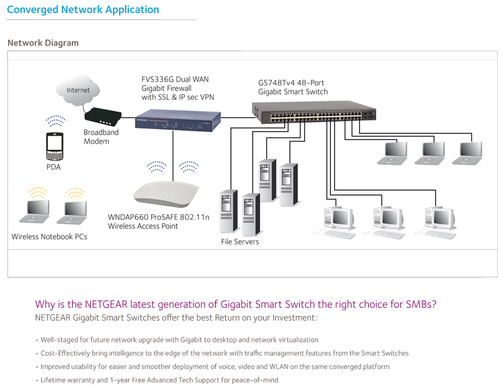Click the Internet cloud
[78, 90]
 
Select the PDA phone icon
[54, 146]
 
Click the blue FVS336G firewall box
[178, 120]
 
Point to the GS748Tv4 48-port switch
[314, 112]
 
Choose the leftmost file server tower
[228, 211]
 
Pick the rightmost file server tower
[288, 185]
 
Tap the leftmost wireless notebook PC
[35, 211]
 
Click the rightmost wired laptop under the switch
[468, 153]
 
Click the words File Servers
[240, 242]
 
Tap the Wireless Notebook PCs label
[49, 237]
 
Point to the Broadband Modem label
[101, 137]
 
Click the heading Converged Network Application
[83, 10]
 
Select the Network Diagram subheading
[43, 43]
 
